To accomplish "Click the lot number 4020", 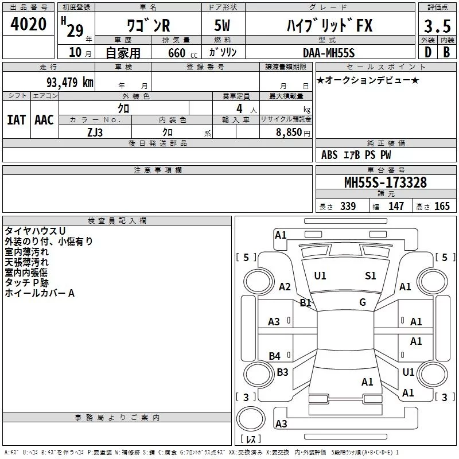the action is pos(28,24).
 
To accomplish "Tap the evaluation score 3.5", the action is pos(437,26).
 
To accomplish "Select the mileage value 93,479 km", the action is pos(69,83).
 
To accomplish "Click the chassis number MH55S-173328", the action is pos(386,182).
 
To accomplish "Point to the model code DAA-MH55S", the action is pos(329,53).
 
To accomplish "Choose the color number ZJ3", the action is pos(95,133).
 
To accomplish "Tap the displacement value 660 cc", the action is pos(182,53).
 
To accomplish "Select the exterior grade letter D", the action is pos(428,52).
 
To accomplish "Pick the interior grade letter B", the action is pos(446,52).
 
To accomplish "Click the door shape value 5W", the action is pos(222,25).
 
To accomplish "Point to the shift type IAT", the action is pos(16,120).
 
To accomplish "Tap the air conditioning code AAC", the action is pos(44,120).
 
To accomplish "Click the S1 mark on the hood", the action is pos(370,276).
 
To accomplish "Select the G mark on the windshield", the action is pos(363,302).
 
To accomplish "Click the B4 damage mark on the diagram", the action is pos(275,356).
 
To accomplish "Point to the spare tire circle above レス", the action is pos(251,419).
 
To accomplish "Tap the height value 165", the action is pos(442,206).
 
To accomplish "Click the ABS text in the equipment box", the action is pos(329,154).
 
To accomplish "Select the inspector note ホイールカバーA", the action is pos(40,293).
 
